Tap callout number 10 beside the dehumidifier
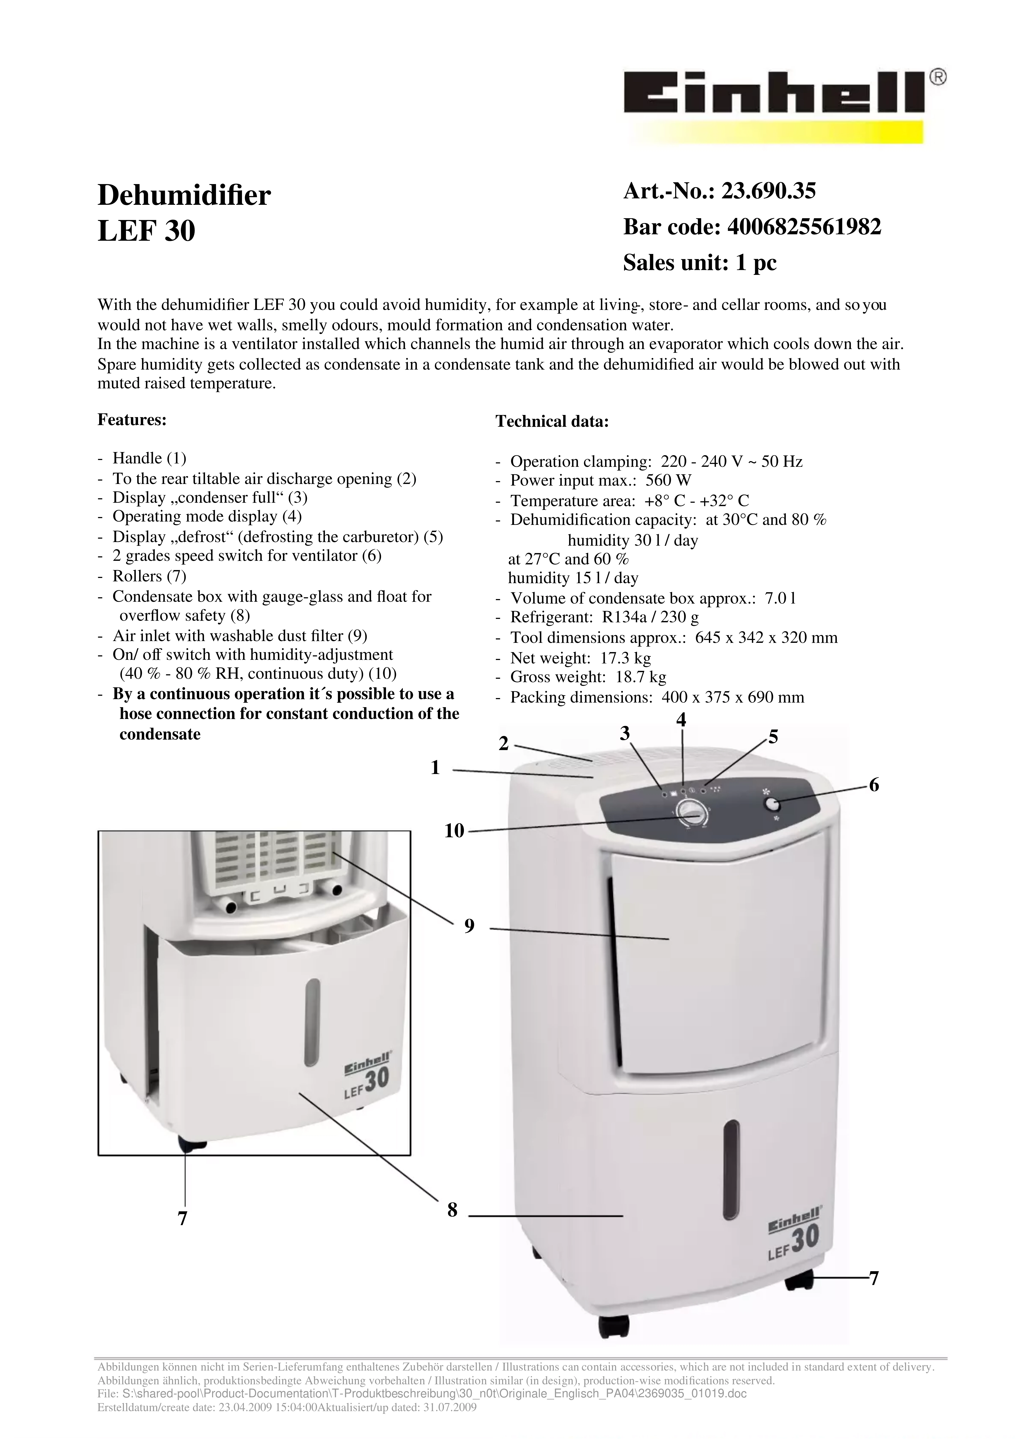454,831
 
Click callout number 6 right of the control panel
874,785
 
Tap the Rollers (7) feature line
149,575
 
